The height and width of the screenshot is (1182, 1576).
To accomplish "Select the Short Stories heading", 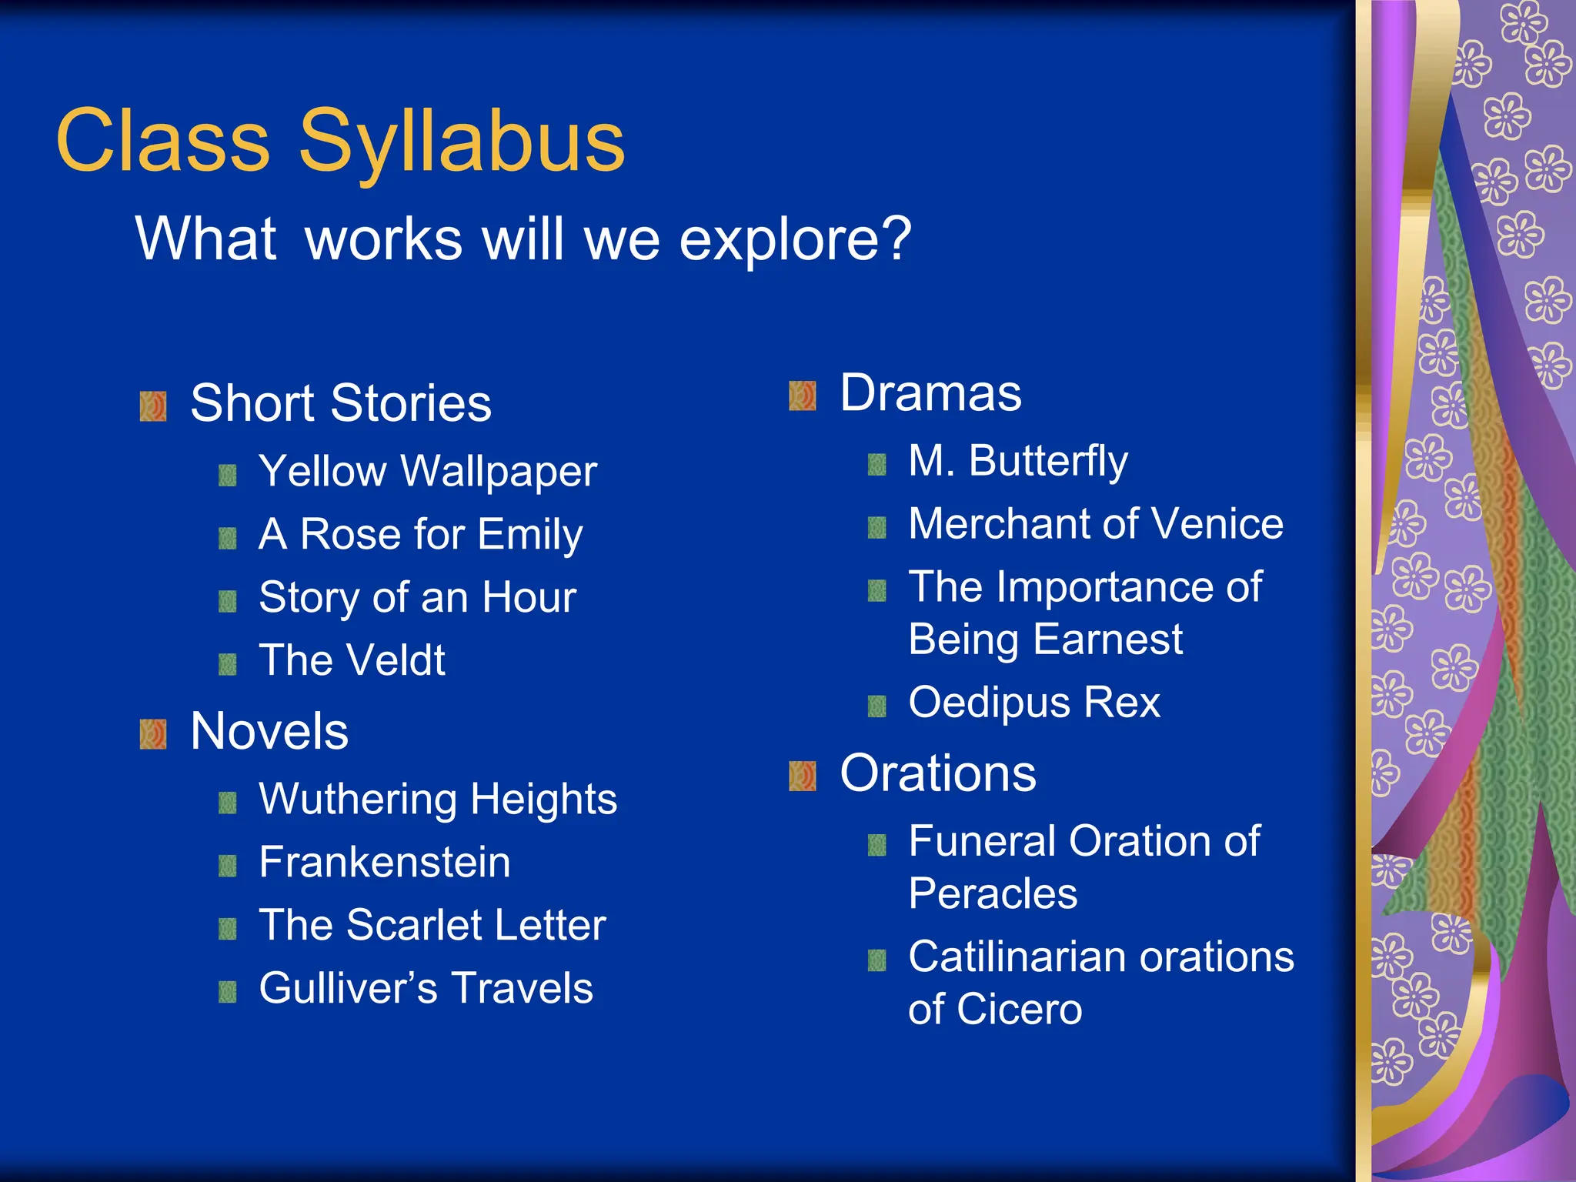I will pyautogui.click(x=340, y=403).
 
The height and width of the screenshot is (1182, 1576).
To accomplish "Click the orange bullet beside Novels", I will pyautogui.click(x=153, y=733).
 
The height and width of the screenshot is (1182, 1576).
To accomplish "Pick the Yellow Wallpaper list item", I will pyautogui.click(x=427, y=471).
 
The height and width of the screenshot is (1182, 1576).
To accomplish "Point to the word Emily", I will pyautogui.click(x=529, y=534).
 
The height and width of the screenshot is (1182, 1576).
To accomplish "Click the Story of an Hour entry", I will pyautogui.click(x=417, y=597).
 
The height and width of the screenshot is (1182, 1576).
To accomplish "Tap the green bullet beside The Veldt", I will pyautogui.click(x=227, y=664).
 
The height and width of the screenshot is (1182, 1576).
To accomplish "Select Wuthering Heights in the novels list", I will pyautogui.click(x=437, y=799).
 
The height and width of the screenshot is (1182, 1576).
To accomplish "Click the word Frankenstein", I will pyautogui.click(x=384, y=862).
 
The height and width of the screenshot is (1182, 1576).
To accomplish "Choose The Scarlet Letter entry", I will pyautogui.click(x=432, y=925).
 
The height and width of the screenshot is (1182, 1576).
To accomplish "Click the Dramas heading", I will pyautogui.click(x=930, y=393).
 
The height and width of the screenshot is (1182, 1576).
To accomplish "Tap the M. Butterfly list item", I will pyautogui.click(x=1017, y=461).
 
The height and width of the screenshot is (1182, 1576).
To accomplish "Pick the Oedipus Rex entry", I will pyautogui.click(x=1033, y=703).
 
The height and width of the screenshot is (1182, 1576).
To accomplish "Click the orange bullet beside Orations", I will pyautogui.click(x=802, y=776).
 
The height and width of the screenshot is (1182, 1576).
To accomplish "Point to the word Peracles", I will pyautogui.click(x=993, y=893).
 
